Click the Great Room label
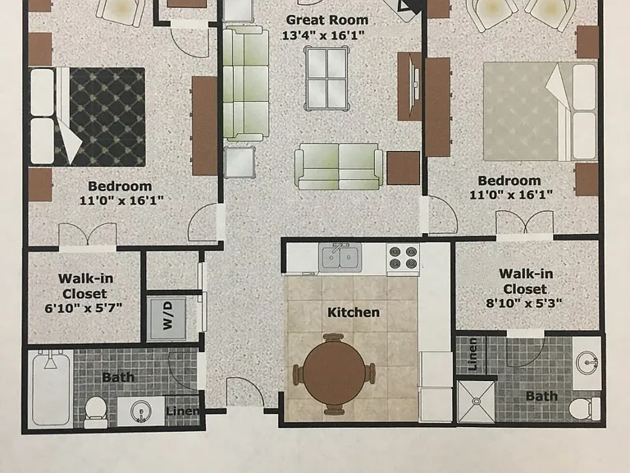click(327, 20)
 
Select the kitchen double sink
click(340, 256)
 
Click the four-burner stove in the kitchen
click(403, 257)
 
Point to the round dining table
click(335, 374)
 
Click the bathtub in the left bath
click(50, 388)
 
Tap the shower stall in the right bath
click(476, 402)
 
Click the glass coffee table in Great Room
click(326, 78)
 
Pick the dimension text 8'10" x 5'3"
click(524, 303)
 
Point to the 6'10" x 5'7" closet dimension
click(84, 309)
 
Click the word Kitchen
click(354, 313)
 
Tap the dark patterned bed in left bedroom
click(87, 117)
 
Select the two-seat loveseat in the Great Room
click(339, 166)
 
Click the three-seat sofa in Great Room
click(245, 83)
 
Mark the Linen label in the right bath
click(472, 354)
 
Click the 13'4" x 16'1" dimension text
click(323, 36)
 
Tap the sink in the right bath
click(587, 362)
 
